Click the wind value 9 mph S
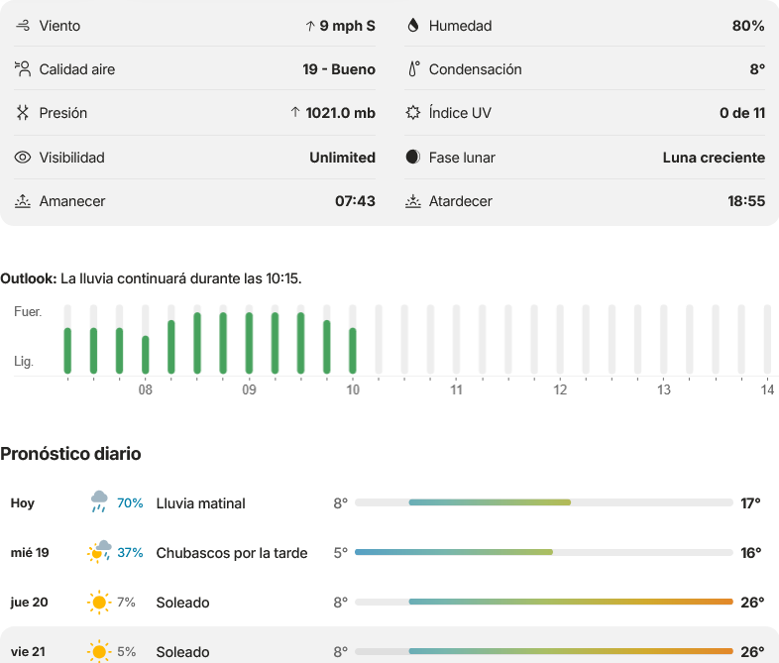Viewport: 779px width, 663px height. [347, 26]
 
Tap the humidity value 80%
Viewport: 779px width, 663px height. [748, 26]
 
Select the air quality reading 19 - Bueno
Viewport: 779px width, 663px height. [339, 69]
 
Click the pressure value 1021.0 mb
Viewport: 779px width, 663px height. [340, 113]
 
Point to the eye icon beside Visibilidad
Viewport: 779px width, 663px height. [23, 158]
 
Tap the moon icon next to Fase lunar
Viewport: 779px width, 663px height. [413, 157]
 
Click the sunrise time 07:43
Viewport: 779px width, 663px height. [355, 201]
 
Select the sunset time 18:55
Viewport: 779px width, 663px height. [746, 201]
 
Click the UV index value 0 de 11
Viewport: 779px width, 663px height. [742, 113]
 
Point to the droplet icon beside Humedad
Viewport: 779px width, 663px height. [413, 26]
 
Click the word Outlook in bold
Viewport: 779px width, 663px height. [29, 278]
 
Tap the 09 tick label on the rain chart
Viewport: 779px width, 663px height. [249, 389]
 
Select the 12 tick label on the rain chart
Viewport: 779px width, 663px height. [560, 389]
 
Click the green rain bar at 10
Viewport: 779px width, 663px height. [353, 351]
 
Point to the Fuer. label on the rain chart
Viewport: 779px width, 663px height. [28, 312]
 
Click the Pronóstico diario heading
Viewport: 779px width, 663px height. [70, 454]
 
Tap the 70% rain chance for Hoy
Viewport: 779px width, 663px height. [130, 503]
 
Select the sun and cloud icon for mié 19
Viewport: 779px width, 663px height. [99, 552]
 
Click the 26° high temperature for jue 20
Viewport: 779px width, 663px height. [752, 603]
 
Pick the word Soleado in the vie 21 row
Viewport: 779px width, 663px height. [182, 652]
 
